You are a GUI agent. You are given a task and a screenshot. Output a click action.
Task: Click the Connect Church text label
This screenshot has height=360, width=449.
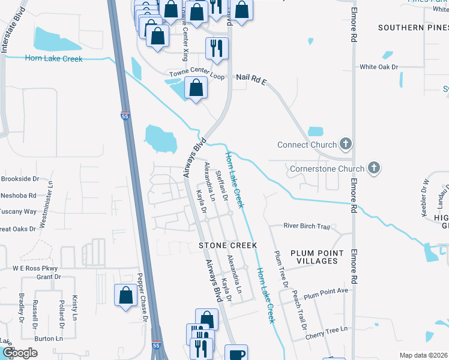(307, 145)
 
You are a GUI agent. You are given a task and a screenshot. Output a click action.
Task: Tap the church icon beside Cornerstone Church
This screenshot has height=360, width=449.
(374, 169)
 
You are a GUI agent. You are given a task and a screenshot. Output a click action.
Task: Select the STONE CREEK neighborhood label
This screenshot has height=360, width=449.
(228, 245)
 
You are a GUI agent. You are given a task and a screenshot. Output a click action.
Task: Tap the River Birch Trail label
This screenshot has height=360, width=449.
(307, 226)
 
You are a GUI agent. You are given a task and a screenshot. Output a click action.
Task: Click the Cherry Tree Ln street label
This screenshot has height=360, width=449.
(326, 330)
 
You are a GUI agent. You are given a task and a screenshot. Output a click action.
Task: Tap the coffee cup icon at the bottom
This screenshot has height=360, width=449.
(237, 353)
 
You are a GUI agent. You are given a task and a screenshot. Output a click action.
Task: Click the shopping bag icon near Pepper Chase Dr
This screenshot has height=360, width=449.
(125, 295)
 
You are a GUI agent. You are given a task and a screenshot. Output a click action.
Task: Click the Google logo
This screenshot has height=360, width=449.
(20, 352)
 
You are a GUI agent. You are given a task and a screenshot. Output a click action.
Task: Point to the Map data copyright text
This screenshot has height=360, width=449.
(423, 355)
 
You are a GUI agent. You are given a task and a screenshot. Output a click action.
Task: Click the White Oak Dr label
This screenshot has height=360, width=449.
(379, 67)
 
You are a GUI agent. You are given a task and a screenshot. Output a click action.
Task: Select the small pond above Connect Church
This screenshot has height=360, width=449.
(316, 131)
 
